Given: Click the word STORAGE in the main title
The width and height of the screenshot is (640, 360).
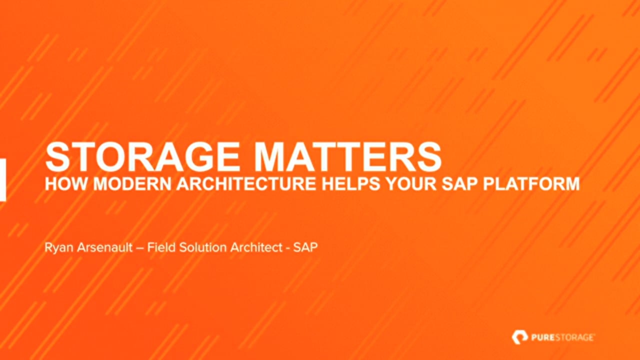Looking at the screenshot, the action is [x=142, y=157].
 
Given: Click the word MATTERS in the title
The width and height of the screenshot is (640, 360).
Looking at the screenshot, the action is [x=347, y=157].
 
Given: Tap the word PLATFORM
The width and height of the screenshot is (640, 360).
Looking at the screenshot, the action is [x=531, y=183].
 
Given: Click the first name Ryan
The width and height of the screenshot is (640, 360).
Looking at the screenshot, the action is [x=59, y=247].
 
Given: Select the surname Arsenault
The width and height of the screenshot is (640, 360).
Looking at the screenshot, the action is [x=105, y=247].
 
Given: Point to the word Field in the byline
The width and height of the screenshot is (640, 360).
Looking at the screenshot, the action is [x=161, y=247].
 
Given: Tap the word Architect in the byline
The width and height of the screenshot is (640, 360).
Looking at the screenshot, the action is [x=256, y=247].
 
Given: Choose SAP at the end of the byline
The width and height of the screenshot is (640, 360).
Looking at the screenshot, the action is [x=305, y=247].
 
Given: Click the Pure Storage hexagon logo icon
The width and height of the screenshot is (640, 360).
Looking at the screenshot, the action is [x=519, y=337].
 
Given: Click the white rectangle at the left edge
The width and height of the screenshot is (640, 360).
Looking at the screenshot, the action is [x=3, y=179].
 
